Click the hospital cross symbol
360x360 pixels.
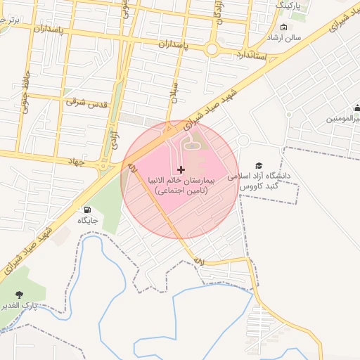point(181,169)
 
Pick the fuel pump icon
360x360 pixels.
point(87,210)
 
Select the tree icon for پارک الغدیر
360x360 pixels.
point(19,295)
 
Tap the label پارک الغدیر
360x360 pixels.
point(35,307)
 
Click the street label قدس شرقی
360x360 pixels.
point(86,103)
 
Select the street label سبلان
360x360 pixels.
point(174,91)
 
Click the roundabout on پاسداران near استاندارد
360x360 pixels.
point(212,49)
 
